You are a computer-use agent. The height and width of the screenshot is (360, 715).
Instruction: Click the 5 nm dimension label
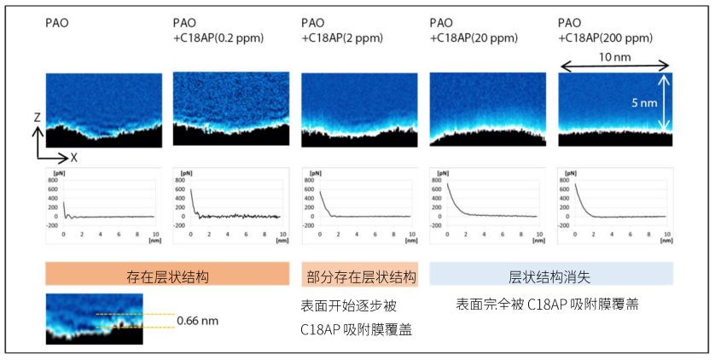(x=643, y=102)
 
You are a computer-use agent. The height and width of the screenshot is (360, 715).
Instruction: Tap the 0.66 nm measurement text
(x=197, y=321)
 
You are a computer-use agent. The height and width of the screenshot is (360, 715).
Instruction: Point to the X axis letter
(x=73, y=158)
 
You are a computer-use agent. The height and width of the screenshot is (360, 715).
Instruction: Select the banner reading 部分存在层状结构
(x=359, y=276)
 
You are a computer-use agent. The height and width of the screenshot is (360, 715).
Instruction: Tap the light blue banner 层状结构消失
(x=551, y=276)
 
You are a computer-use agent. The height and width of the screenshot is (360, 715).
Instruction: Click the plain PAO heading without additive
(x=57, y=24)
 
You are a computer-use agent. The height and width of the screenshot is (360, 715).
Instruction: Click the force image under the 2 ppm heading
(x=358, y=109)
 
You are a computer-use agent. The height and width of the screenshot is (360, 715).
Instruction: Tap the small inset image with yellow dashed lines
(x=95, y=319)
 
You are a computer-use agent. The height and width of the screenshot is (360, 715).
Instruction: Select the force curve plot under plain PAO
(x=102, y=205)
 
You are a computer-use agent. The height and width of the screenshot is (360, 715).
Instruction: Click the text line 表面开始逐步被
(x=349, y=305)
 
